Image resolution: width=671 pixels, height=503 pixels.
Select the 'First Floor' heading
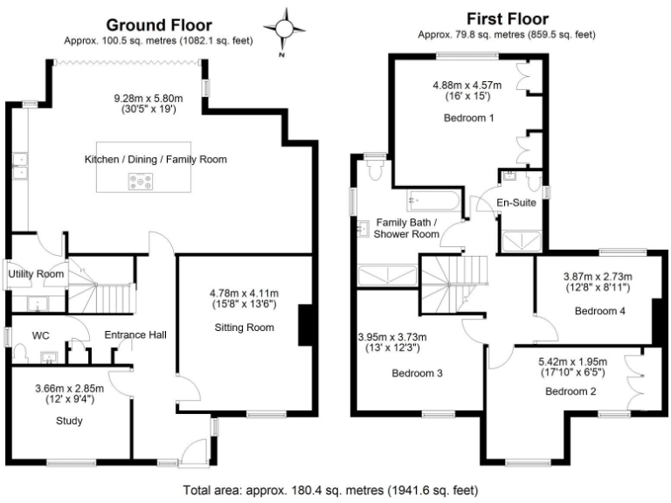coord(507,18)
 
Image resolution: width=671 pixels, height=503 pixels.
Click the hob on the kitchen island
coord(140,181)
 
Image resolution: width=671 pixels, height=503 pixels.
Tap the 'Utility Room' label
coord(36,274)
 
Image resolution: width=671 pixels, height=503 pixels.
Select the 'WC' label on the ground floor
coord(40,334)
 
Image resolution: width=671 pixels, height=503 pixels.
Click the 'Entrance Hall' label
coord(135,334)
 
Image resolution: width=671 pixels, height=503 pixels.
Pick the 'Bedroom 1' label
coord(470,118)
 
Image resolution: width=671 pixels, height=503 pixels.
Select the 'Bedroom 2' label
coord(571,391)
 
